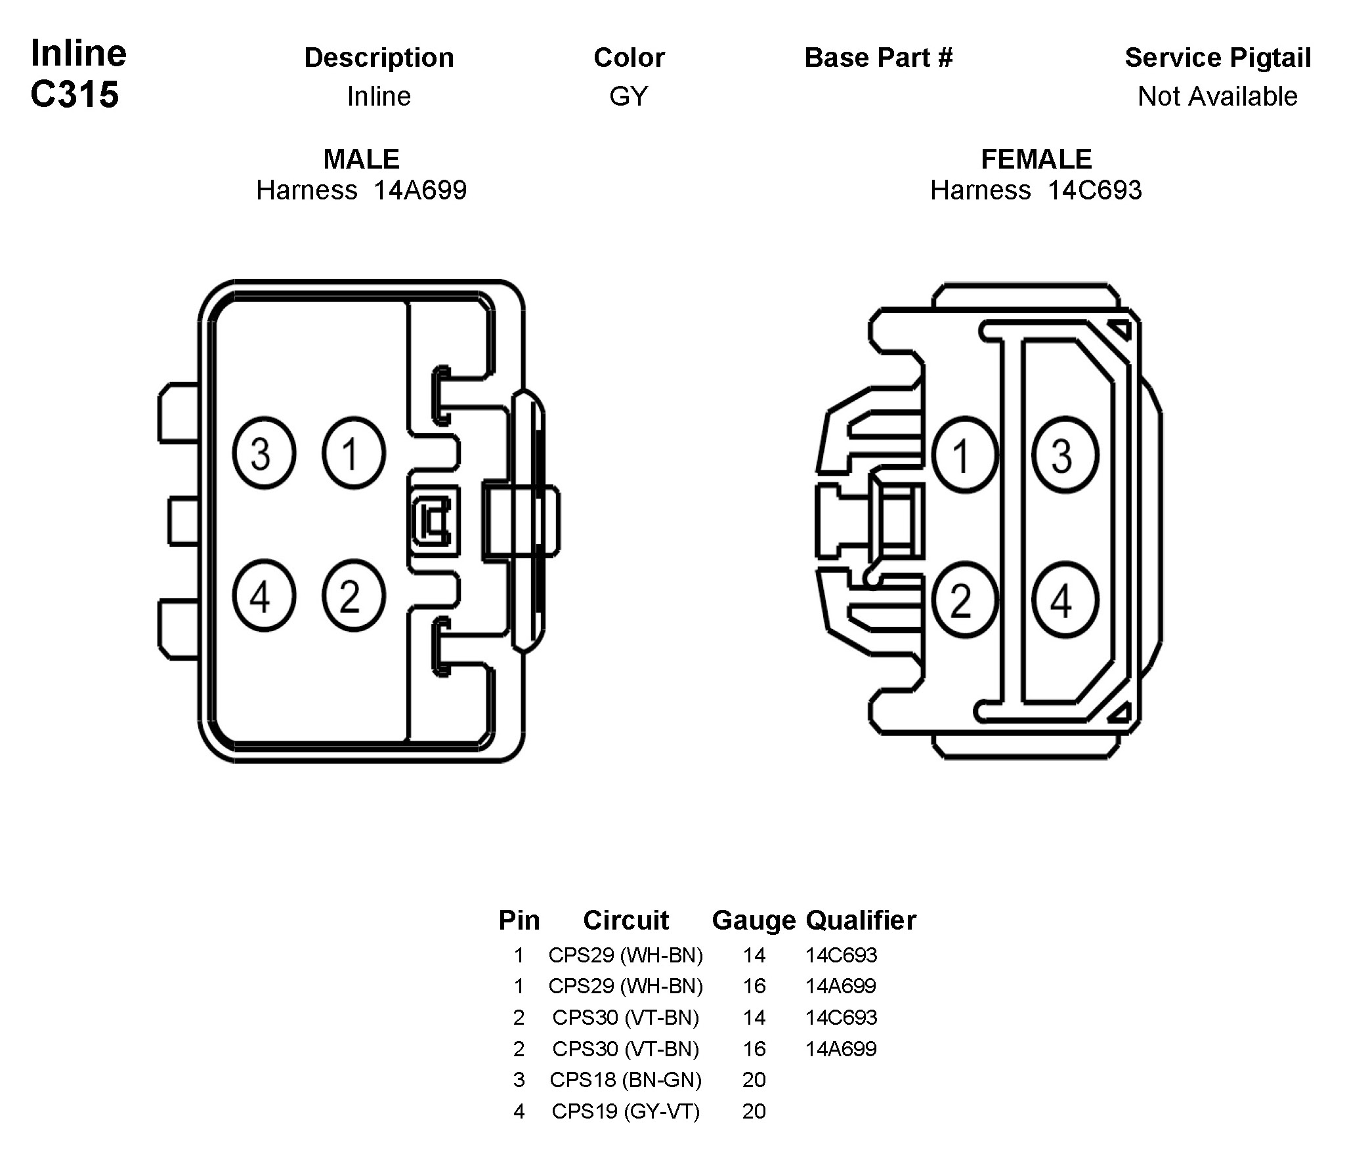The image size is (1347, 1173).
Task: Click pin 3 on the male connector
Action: tap(264, 453)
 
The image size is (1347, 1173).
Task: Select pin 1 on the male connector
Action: tap(353, 453)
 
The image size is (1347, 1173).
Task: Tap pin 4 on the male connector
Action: tap(264, 596)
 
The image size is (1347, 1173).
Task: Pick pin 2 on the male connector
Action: tap(353, 596)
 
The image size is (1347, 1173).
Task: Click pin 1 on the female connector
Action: tap(964, 455)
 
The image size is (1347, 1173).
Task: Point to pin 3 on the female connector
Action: tap(1065, 455)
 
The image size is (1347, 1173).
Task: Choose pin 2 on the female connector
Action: tap(964, 600)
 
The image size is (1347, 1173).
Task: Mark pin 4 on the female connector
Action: tap(1065, 600)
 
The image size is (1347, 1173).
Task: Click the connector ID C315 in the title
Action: tap(75, 94)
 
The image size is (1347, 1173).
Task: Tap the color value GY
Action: tap(628, 96)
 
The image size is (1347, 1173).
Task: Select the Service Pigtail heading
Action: tap(1218, 58)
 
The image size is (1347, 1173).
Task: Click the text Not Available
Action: tap(1218, 96)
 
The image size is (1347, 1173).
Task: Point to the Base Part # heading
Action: tap(878, 58)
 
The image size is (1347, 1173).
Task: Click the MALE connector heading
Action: tap(361, 159)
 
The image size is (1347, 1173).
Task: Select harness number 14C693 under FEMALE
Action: tap(1095, 190)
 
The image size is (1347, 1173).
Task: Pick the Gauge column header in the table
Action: tap(754, 920)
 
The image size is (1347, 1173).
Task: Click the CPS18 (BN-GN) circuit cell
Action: tap(626, 1079)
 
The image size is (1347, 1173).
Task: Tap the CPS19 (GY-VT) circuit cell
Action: tap(626, 1111)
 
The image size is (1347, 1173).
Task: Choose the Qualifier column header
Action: tap(861, 920)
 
